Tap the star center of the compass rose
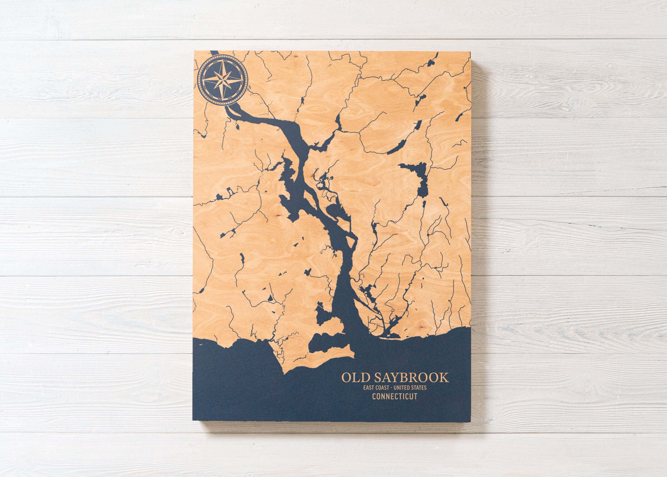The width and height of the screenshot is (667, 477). click(223, 79)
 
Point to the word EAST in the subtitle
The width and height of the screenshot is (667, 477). click(368, 388)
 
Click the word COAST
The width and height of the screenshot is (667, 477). click(382, 388)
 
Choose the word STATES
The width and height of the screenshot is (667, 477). click(419, 388)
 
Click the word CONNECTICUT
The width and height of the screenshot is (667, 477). click(394, 396)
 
